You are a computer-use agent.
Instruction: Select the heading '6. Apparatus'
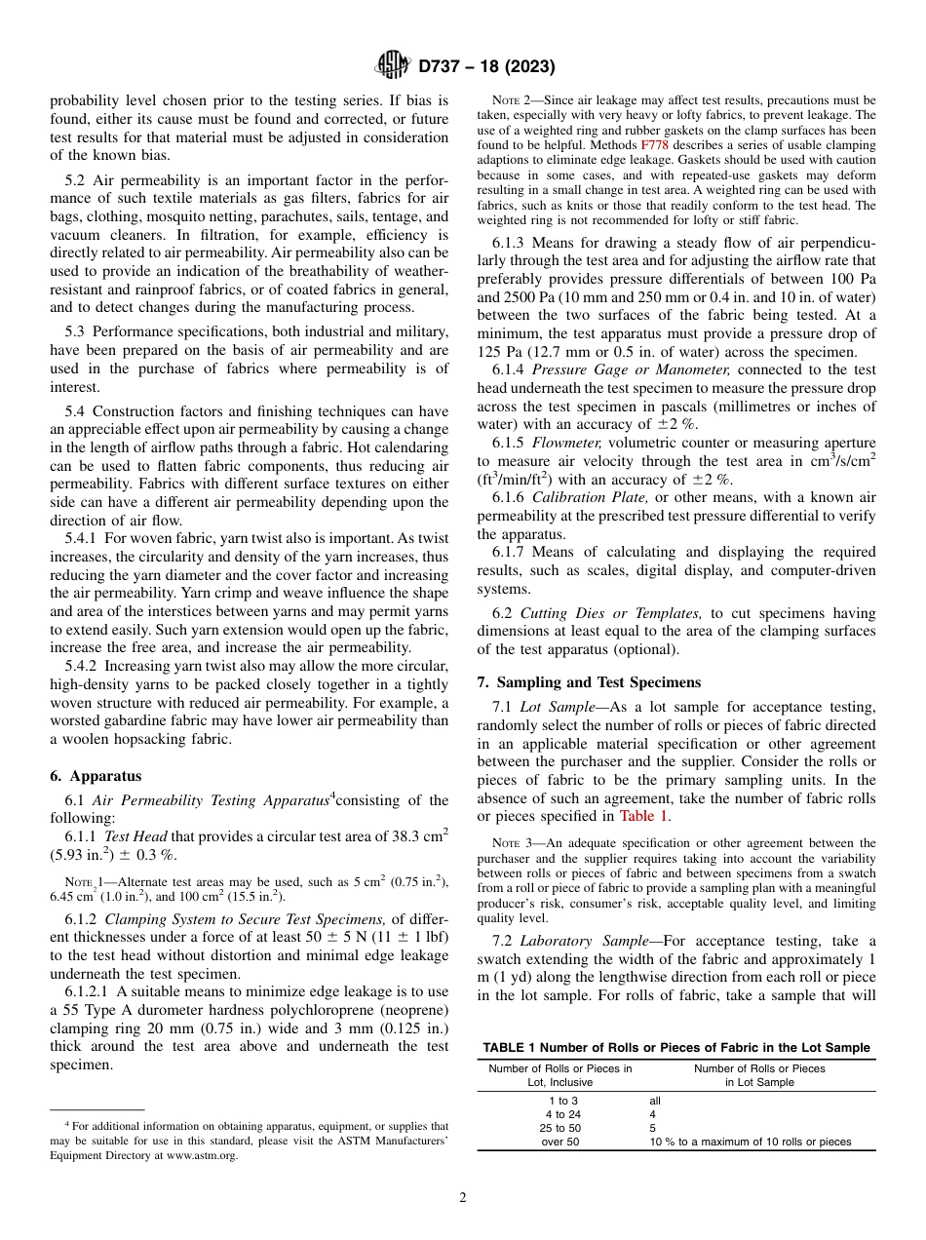pyautogui.click(x=96, y=776)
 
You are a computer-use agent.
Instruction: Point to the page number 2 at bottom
pyautogui.click(x=463, y=1197)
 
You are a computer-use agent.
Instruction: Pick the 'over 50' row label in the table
pyautogui.click(x=560, y=1142)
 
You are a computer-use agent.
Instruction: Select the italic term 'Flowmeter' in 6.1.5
pyautogui.click(x=562, y=444)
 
